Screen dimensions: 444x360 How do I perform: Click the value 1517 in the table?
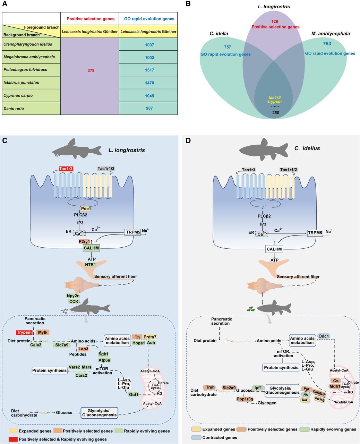tap(150, 70)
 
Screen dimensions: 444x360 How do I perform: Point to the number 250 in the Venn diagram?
tap(276, 113)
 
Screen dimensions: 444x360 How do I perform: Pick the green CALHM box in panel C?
tap(91, 248)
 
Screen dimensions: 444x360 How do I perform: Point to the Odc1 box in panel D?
tap(323, 336)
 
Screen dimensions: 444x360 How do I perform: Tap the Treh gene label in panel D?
tap(210, 387)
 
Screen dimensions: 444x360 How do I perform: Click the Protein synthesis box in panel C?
tap(50, 370)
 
